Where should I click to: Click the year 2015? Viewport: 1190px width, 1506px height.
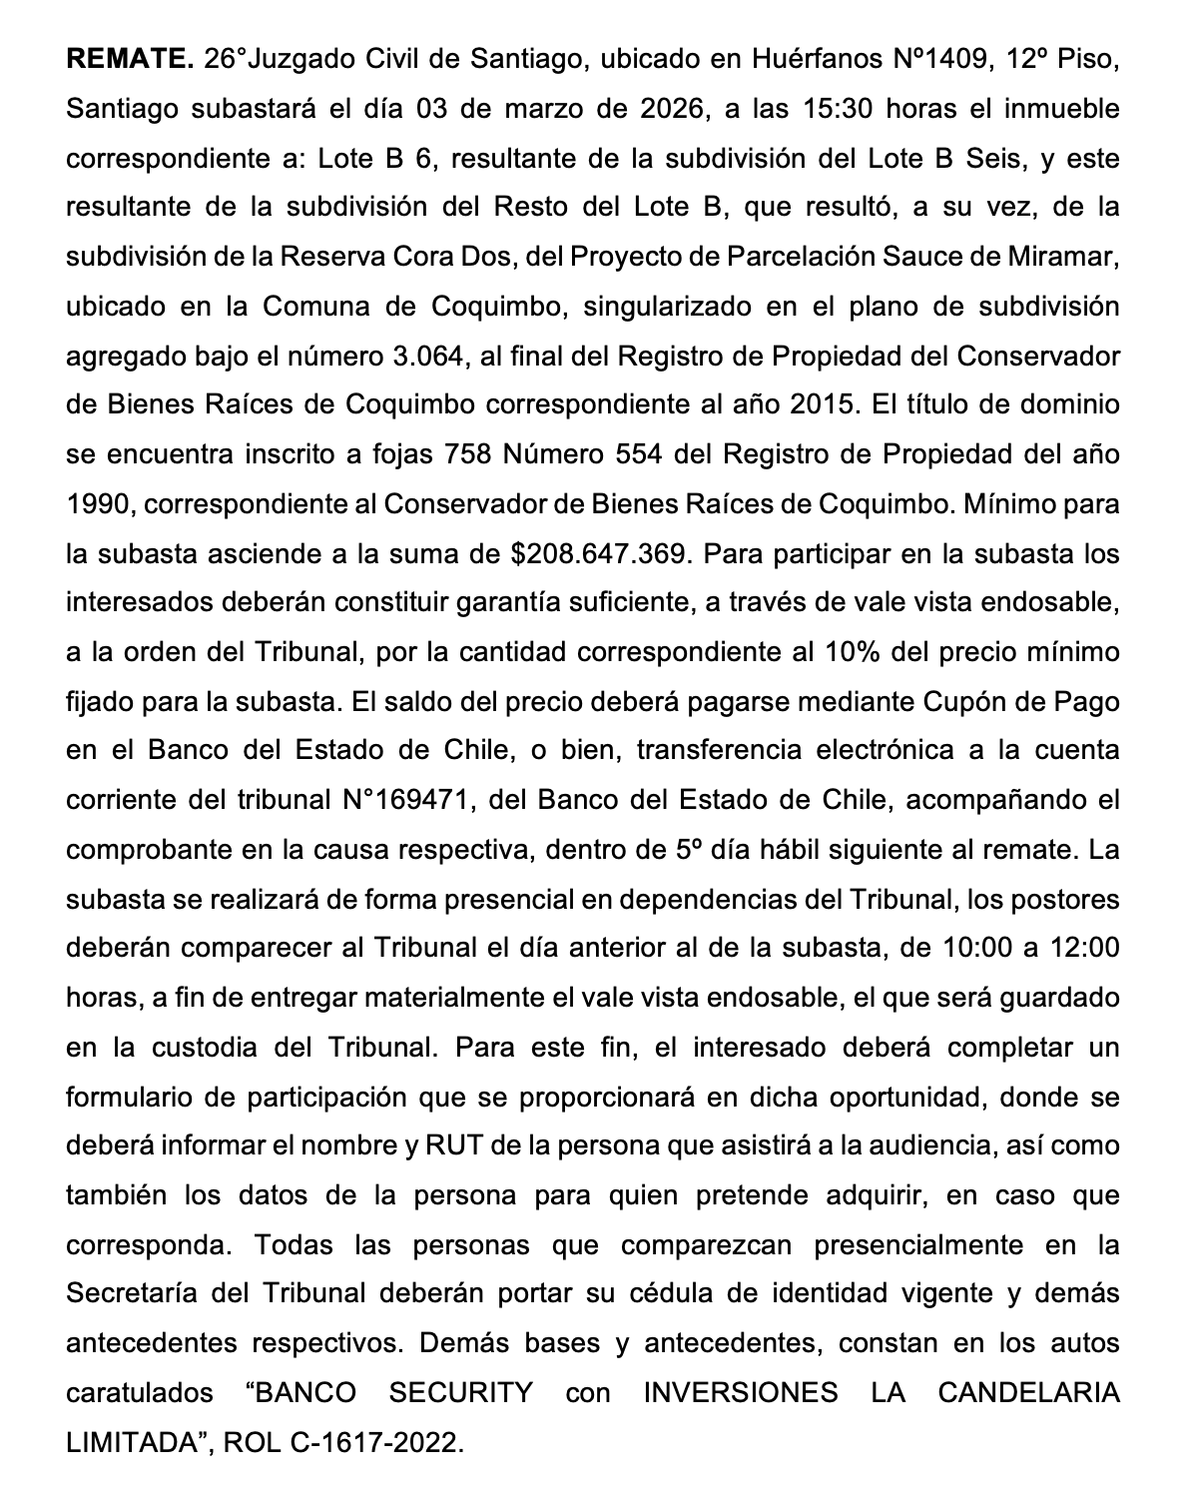click(x=824, y=405)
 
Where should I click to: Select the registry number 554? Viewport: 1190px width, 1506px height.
click(x=631, y=454)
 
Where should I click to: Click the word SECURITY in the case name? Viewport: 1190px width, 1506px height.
click(x=461, y=1393)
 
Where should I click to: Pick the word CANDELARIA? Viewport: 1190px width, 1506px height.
click(x=1028, y=1393)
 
